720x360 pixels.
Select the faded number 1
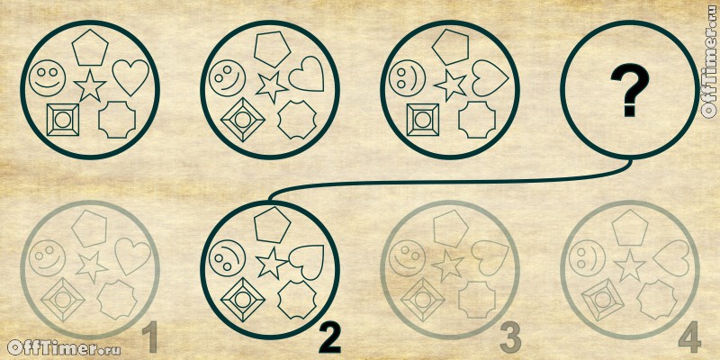(x=149, y=337)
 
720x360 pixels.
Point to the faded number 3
(x=510, y=338)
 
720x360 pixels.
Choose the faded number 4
(x=689, y=337)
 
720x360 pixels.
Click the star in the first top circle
(x=90, y=85)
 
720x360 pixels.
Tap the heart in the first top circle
(x=130, y=76)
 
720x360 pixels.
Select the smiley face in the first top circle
(x=48, y=78)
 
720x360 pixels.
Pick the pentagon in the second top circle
(x=273, y=49)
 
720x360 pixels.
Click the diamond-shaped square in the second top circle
(x=242, y=121)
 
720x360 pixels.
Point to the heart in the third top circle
(x=490, y=78)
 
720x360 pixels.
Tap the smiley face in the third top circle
(x=407, y=78)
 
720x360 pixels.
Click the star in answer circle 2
(x=272, y=264)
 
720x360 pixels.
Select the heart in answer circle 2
(x=307, y=263)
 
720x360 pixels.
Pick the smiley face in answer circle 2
(x=228, y=258)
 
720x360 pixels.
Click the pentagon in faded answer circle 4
(x=629, y=228)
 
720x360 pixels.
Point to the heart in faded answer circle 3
(x=490, y=258)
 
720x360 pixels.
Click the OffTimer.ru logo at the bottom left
(x=64, y=348)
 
